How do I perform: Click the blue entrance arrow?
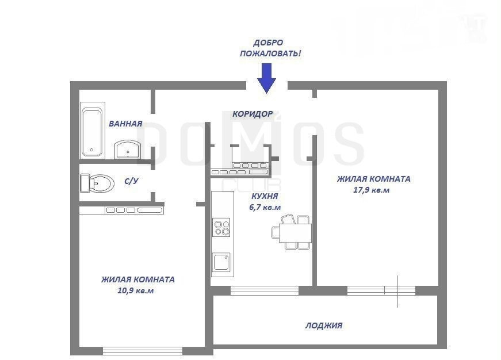click(x=267, y=78)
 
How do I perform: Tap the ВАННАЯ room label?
click(x=125, y=124)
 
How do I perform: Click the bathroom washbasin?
click(x=127, y=149)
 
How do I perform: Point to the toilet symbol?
click(x=97, y=183)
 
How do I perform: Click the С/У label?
click(x=131, y=181)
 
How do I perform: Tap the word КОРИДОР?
click(x=253, y=114)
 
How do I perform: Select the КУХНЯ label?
click(x=265, y=196)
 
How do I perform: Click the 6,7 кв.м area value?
click(x=265, y=207)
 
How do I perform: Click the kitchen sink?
click(x=221, y=262)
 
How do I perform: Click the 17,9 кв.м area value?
click(x=371, y=190)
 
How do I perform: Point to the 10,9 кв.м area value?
click(x=136, y=290)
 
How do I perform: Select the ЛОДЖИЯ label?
click(x=324, y=325)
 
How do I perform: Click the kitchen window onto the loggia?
click(x=265, y=290)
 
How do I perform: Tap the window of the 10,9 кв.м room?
click(x=143, y=351)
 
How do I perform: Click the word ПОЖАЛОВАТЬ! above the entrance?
click(x=270, y=53)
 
